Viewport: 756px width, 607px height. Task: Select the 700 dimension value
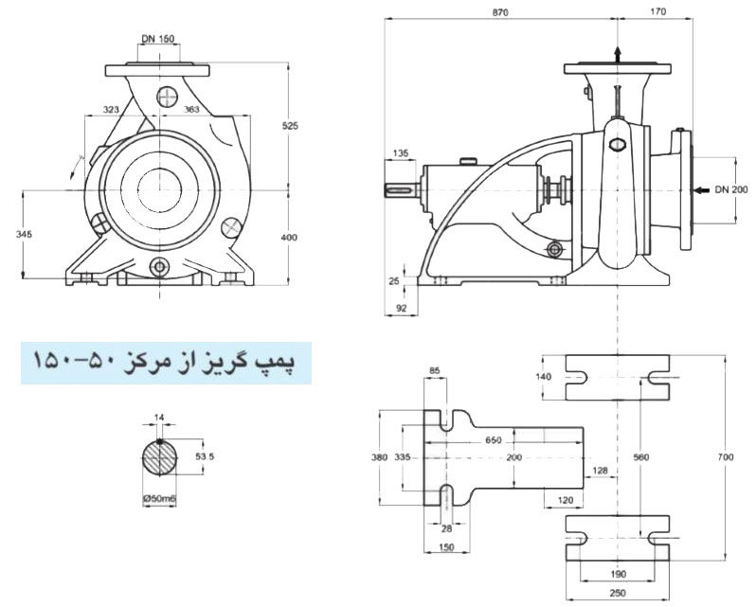pyautogui.click(x=726, y=457)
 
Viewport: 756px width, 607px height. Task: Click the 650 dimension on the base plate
pyautogui.click(x=494, y=441)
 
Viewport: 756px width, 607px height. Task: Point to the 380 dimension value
pyautogui.click(x=379, y=457)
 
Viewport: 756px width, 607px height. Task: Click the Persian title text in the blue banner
pyautogui.click(x=166, y=361)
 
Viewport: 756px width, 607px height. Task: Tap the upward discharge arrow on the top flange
pyautogui.click(x=617, y=54)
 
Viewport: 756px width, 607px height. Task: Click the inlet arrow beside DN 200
pyautogui.click(x=698, y=190)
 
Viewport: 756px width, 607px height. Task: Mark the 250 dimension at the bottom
pyautogui.click(x=617, y=592)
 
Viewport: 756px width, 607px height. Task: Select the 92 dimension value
pyautogui.click(x=401, y=308)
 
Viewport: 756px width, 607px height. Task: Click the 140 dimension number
pyautogui.click(x=543, y=376)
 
